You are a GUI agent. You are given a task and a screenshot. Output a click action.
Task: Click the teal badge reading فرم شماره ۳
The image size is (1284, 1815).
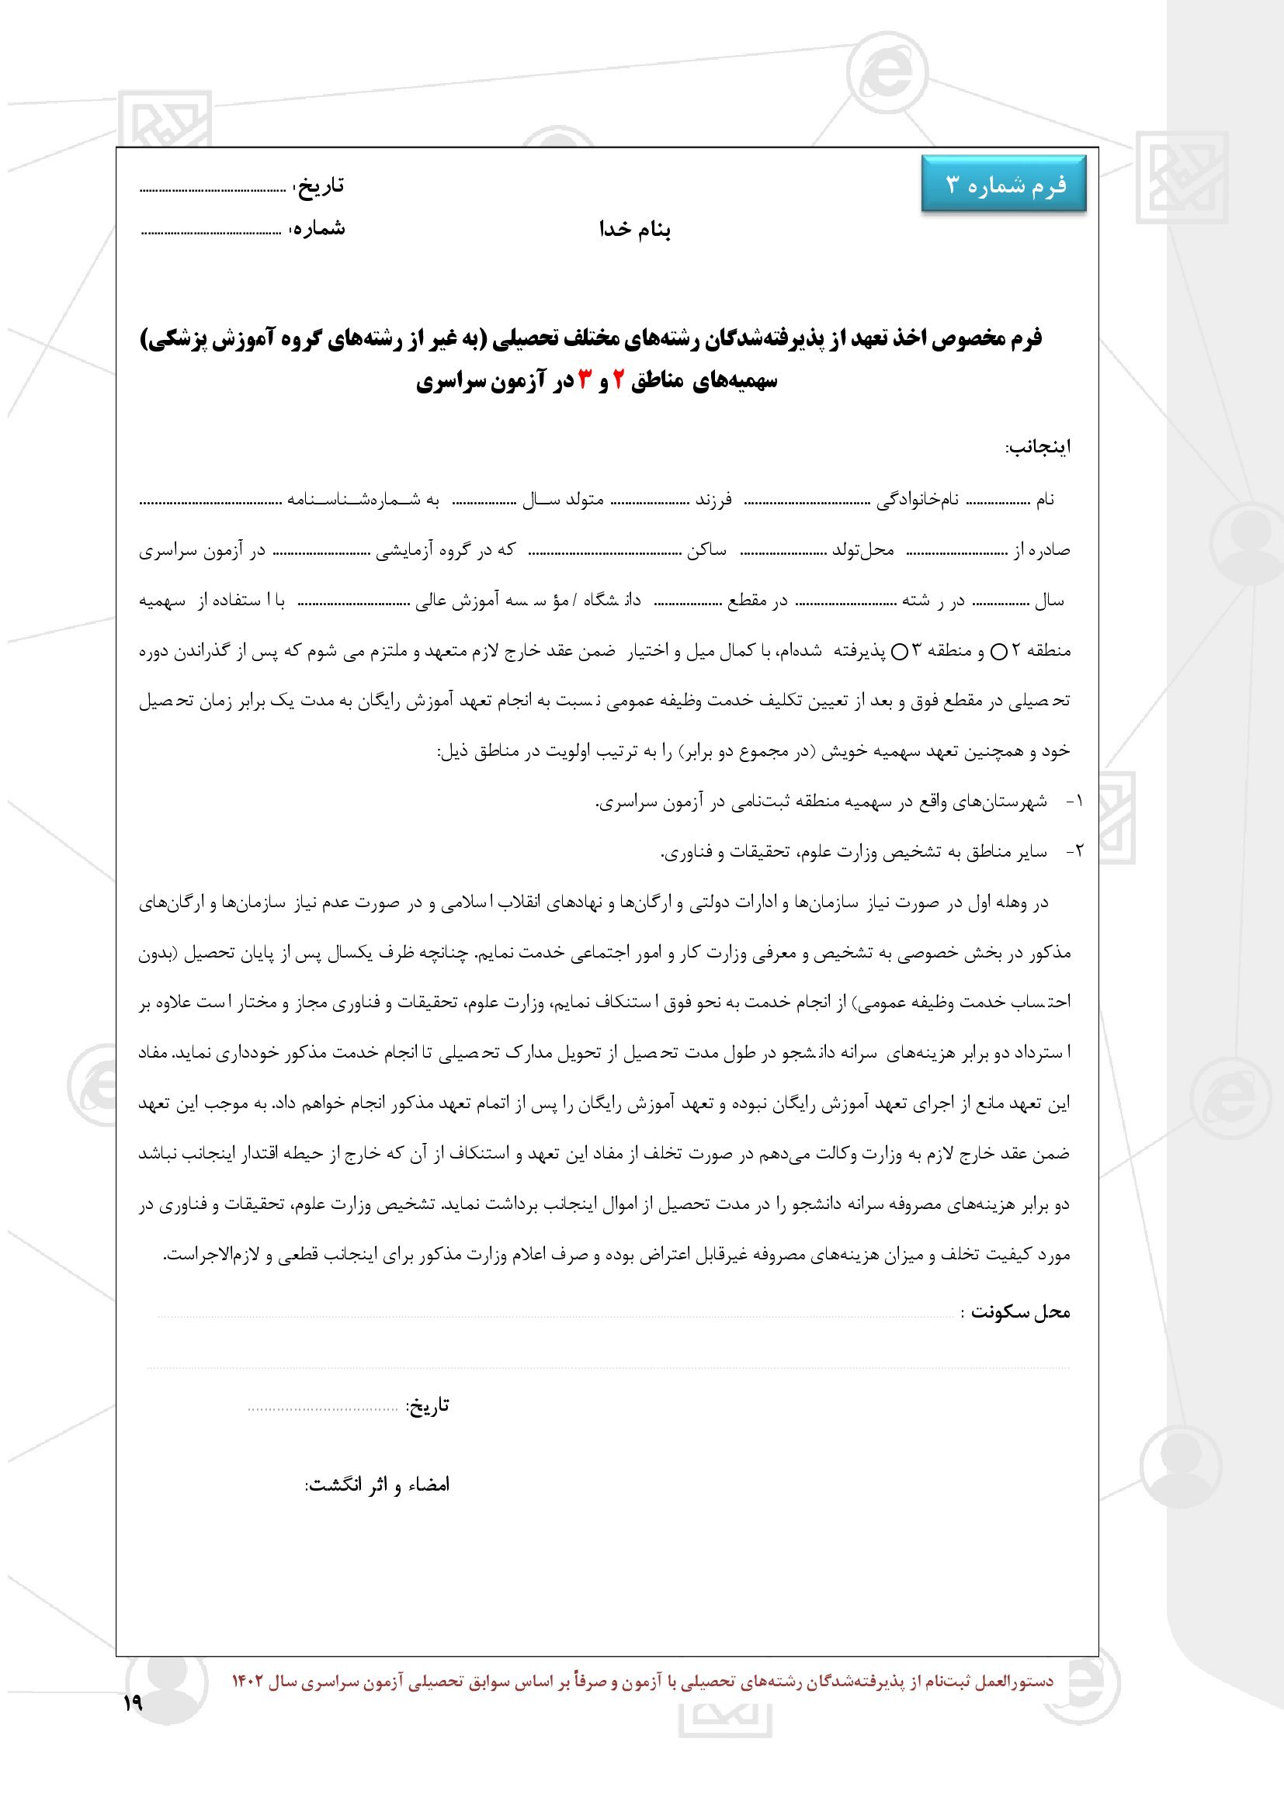1004,184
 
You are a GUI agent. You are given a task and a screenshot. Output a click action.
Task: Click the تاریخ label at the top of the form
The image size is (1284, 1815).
320,185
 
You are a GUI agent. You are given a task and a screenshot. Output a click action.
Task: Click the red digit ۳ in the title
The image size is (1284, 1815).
585,381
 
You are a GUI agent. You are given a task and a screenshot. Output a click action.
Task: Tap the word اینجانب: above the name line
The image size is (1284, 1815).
1037,448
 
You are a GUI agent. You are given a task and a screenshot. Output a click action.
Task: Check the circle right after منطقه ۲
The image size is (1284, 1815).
998,652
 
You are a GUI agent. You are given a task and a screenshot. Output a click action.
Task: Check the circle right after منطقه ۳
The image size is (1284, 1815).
900,652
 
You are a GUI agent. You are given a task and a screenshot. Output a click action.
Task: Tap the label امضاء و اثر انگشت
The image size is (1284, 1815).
377,1484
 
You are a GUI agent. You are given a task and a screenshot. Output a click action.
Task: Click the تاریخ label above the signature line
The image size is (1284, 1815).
428,1405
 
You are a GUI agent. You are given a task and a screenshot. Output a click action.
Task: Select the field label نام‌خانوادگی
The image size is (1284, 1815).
918,500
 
